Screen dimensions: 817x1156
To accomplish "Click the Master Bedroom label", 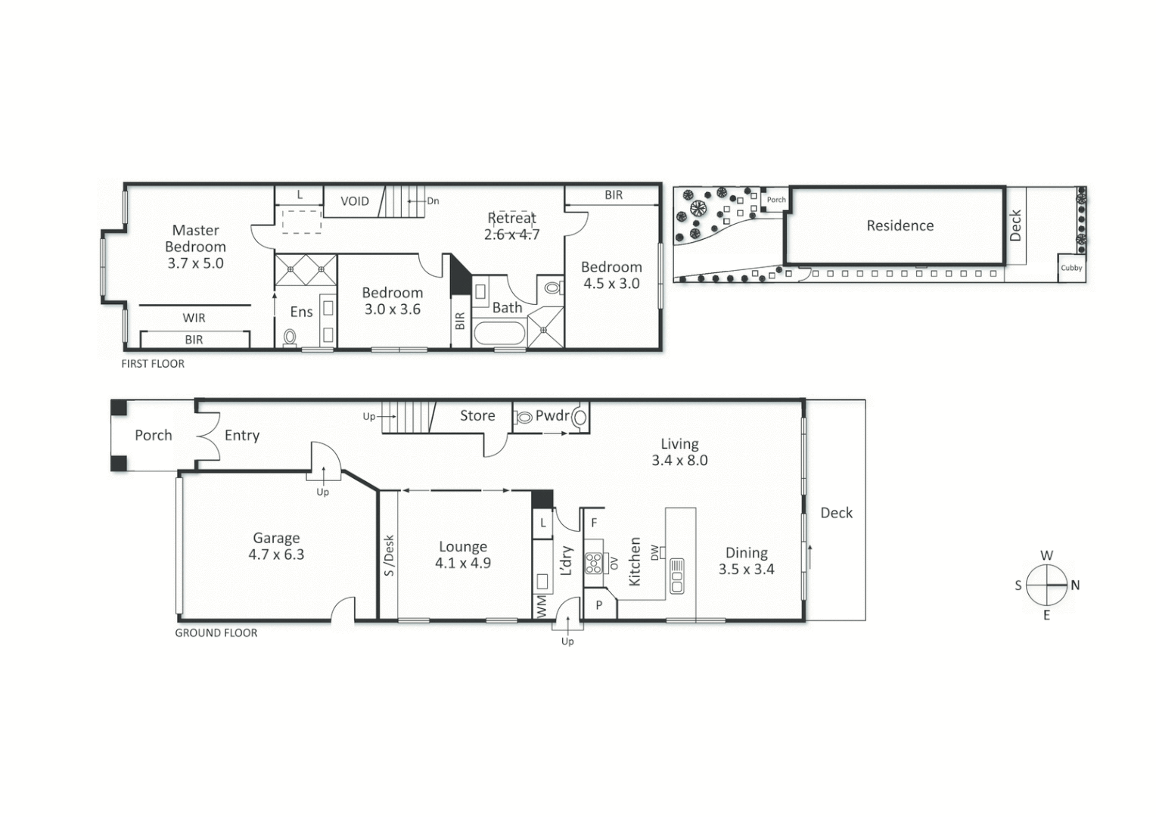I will pos(195,238).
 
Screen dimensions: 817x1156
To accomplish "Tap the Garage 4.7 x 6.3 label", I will pos(276,546).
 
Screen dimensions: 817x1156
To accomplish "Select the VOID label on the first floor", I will pos(354,201).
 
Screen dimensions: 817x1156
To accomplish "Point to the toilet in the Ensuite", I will pos(289,337).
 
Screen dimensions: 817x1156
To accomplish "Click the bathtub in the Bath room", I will pos(499,334).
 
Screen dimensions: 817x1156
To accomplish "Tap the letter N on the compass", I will pos(1075,585).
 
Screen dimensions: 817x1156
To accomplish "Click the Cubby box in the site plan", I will pos(1071,268).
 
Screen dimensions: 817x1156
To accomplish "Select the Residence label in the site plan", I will pos(900,225).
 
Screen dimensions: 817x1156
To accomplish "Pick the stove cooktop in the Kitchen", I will pos(594,563).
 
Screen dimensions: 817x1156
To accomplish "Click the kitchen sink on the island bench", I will pos(676,575).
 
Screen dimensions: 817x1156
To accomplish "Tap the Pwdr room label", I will pos(552,415).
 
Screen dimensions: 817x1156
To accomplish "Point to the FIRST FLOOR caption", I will pos(153,364).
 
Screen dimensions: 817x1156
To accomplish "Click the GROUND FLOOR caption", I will pos(216,633).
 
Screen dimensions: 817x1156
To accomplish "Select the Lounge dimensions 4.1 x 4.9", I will pos(463,563).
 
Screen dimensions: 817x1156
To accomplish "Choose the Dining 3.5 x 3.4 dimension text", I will pos(746,570).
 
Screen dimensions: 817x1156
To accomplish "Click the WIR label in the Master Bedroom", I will pos(194,318).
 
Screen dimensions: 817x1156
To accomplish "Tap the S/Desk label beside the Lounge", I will pos(389,555).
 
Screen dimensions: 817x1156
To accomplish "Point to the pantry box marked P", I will pos(599,605).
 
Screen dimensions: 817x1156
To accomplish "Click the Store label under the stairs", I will pos(477,415).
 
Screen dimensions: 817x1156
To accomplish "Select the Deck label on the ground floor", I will pos(836,513).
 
